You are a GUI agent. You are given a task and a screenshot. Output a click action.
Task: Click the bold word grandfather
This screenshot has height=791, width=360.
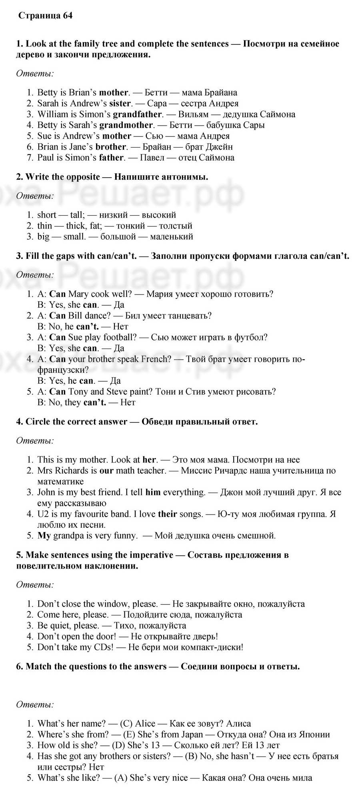pyautogui.click(x=137, y=114)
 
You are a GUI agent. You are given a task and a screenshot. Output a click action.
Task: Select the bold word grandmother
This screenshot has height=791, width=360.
pyautogui.click(x=126, y=125)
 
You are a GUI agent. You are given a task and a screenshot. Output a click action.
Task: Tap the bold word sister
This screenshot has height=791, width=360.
pyautogui.click(x=120, y=103)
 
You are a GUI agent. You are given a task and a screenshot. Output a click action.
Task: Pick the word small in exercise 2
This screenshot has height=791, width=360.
pyautogui.click(x=74, y=236)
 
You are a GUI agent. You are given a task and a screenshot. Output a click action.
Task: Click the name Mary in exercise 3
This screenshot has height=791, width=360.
pyautogui.click(x=78, y=294)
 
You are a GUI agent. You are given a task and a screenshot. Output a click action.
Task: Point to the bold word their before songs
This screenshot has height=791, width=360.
pyautogui.click(x=167, y=514)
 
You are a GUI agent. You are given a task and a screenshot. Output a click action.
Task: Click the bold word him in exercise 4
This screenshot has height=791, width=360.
pyautogui.click(x=153, y=492)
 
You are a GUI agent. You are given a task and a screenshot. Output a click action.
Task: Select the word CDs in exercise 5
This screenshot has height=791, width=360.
pyautogui.click(x=106, y=647)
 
